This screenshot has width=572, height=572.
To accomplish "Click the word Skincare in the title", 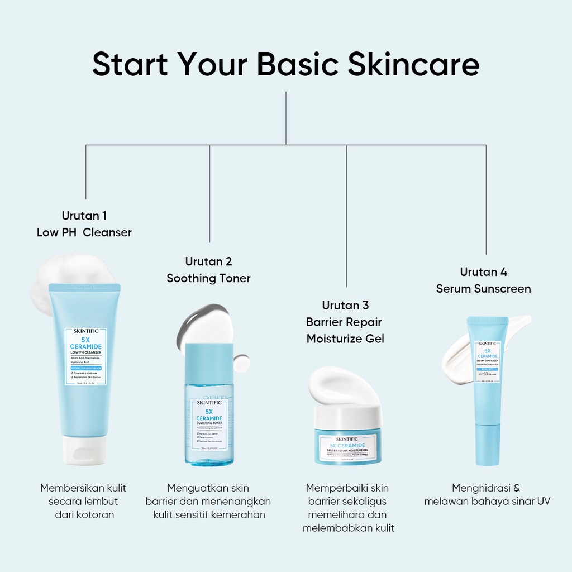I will click(x=413, y=64).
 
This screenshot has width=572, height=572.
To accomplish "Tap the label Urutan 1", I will click(x=84, y=216).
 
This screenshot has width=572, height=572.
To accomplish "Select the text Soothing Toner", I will click(x=208, y=278).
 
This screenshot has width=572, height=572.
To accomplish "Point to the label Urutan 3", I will click(x=345, y=305).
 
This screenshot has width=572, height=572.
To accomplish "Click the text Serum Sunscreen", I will click(x=483, y=289).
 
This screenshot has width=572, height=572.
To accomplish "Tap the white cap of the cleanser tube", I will click(x=84, y=450).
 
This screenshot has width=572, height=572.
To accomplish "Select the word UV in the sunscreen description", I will click(x=544, y=501).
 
